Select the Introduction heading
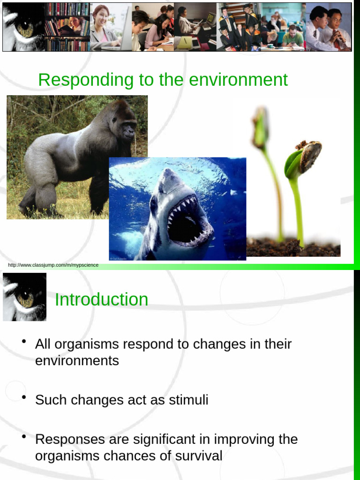tap(101, 300)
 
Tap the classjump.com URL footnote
tap(53, 265)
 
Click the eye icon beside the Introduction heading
tap(24, 297)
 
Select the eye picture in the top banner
tap(23, 26)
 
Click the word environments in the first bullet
tap(77, 360)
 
